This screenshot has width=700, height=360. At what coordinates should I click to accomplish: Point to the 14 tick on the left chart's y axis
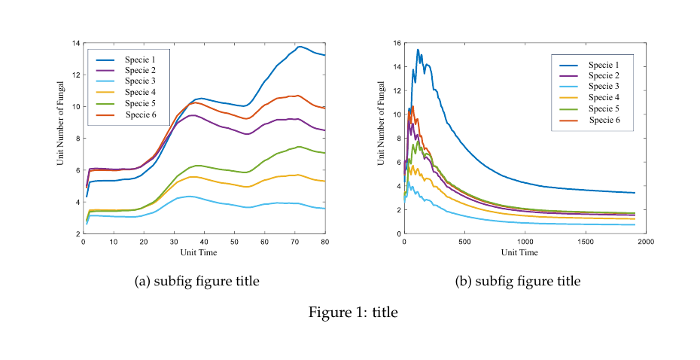(x=77, y=43)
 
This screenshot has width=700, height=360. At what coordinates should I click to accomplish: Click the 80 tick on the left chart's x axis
(x=324, y=242)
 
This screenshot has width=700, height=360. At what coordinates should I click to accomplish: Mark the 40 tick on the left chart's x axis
(x=204, y=242)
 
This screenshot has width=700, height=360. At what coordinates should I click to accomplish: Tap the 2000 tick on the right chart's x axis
(x=645, y=242)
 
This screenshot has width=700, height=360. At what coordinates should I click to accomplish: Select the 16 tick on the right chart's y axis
(x=397, y=43)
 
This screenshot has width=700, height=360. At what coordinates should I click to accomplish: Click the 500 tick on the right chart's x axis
(x=464, y=242)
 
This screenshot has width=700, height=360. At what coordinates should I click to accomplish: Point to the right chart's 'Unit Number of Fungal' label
(x=382, y=137)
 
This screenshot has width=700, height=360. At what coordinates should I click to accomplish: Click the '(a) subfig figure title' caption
(x=196, y=282)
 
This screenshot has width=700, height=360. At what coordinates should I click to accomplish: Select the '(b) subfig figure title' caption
(x=518, y=282)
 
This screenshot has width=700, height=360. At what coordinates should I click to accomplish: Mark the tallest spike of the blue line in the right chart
(x=418, y=50)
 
